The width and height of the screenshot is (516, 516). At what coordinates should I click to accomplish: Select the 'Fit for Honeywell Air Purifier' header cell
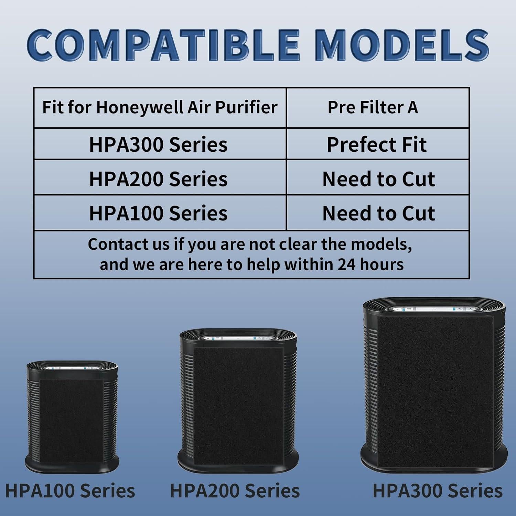pos(160,107)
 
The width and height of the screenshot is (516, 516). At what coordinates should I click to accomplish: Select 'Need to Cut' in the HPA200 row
pos(378,179)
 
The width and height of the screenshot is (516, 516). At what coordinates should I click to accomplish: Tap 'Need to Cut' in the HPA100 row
pos(378,213)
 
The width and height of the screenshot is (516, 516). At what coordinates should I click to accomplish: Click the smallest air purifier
pos(72,416)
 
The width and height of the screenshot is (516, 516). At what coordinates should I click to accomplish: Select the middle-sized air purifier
pos(238,401)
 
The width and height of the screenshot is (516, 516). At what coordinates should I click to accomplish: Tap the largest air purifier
pos(434,385)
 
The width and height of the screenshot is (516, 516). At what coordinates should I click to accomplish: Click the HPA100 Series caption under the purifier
pos(70,491)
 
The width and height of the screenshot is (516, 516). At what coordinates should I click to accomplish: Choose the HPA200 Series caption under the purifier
pos(235,491)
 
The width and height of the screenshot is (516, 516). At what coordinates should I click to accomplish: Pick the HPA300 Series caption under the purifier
pos(438,491)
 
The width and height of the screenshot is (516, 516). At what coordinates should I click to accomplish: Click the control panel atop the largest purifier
pos(434,309)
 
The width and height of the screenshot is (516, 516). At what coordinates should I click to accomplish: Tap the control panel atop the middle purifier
pos(238,338)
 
